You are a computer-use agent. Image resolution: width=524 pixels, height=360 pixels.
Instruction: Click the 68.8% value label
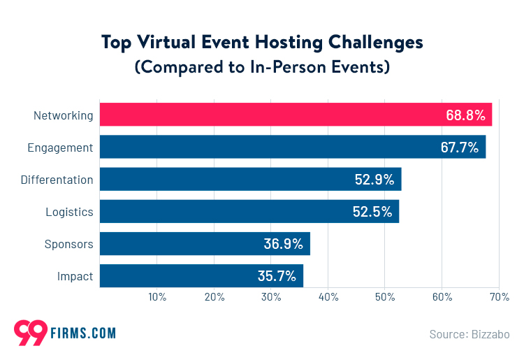point(465,115)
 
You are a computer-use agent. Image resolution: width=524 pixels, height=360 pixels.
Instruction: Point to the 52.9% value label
point(374,180)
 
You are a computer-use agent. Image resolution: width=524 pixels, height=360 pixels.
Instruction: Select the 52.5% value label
point(372,212)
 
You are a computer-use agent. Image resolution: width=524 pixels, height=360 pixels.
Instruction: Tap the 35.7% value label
point(276,276)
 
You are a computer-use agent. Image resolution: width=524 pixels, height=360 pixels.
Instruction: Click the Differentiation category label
point(57,180)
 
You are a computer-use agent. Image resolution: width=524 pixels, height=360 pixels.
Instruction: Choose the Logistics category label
point(69,212)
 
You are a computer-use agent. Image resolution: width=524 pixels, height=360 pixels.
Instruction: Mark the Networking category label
point(63,115)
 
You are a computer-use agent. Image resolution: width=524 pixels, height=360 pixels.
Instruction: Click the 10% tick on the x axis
point(157,297)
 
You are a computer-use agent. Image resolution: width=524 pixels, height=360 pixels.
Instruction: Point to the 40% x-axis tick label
point(328,297)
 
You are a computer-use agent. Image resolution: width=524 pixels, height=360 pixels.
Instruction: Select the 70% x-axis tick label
point(499,297)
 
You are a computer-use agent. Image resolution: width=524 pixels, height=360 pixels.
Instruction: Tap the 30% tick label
point(271,297)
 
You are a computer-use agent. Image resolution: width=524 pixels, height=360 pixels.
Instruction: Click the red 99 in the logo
point(30,331)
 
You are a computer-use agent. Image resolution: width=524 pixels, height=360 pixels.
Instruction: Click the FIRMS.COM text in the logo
point(82,333)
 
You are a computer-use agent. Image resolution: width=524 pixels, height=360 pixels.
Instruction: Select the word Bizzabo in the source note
point(490,334)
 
